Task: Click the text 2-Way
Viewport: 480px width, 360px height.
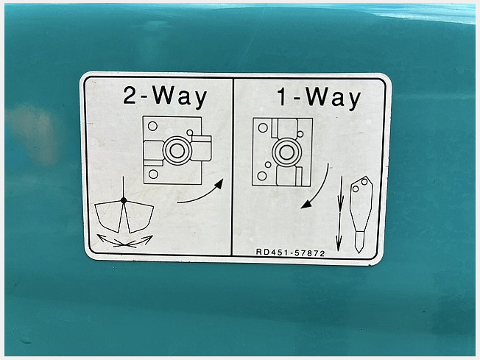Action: pyautogui.click(x=166, y=96)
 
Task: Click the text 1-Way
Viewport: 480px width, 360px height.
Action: pyautogui.click(x=319, y=98)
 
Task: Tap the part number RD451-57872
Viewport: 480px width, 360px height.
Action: pyautogui.click(x=290, y=253)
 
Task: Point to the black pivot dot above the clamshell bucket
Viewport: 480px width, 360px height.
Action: pyautogui.click(x=124, y=200)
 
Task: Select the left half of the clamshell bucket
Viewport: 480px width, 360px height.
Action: pyautogui.click(x=107, y=216)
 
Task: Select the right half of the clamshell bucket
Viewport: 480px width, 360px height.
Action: pyautogui.click(x=138, y=217)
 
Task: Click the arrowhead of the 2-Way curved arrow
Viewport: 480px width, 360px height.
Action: pyautogui.click(x=219, y=184)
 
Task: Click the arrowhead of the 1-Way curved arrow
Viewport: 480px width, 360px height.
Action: pyautogui.click(x=306, y=204)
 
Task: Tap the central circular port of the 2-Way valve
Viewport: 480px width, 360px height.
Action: pyautogui.click(x=177, y=150)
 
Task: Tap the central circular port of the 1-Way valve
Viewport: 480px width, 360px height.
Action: pyautogui.click(x=286, y=152)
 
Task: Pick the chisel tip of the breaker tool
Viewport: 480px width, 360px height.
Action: pyautogui.click(x=359, y=243)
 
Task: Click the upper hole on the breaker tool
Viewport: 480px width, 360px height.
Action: pyautogui.click(x=364, y=182)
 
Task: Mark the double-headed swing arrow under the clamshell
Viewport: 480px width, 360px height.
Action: pyautogui.click(x=124, y=241)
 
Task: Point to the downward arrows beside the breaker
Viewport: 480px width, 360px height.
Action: pyautogui.click(x=339, y=213)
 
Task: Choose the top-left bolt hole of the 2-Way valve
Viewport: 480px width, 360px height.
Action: pyautogui.click(x=152, y=126)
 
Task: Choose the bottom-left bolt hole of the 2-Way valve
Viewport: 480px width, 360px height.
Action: pyautogui.click(x=153, y=174)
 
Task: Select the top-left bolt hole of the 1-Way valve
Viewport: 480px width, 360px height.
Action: pyautogui.click(x=263, y=127)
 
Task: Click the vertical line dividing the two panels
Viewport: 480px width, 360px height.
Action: pyautogui.click(x=233, y=166)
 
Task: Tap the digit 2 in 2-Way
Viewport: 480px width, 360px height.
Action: pyautogui.click(x=130, y=95)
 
